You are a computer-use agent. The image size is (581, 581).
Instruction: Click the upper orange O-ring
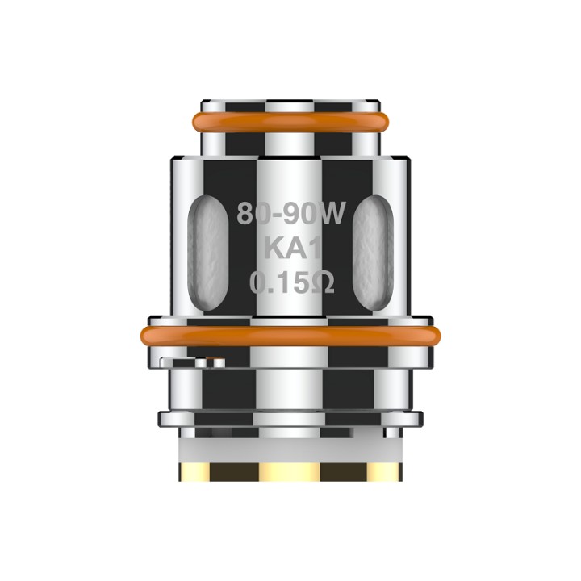[x=290, y=122]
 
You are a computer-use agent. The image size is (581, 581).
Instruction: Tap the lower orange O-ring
[x=290, y=333]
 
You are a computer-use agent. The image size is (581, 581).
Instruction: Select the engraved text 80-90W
[x=291, y=214]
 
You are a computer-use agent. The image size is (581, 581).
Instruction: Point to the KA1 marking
[x=290, y=249]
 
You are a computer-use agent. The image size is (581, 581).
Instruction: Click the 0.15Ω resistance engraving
[x=291, y=283]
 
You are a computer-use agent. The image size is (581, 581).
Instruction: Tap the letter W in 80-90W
[x=332, y=214]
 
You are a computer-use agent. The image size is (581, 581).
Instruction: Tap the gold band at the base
[x=290, y=470]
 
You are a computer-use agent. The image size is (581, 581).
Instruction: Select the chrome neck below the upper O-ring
[x=290, y=144]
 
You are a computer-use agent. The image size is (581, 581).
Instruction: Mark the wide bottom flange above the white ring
[x=290, y=419]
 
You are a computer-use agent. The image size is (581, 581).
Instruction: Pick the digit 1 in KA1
[x=310, y=249]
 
